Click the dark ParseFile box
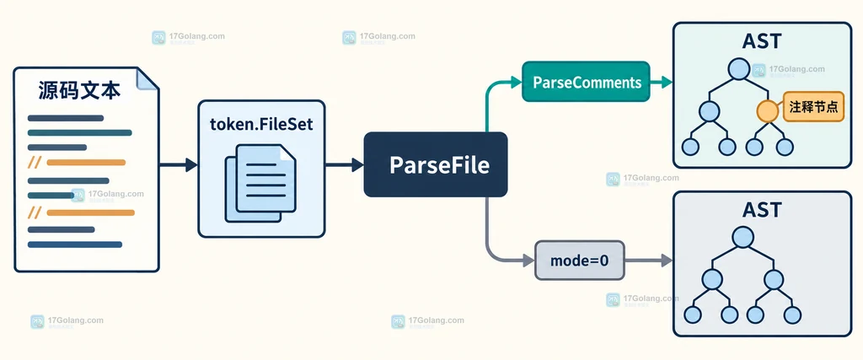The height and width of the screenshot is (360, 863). (x=436, y=164)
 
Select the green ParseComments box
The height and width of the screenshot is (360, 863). (x=587, y=82)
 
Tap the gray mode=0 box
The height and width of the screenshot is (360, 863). (x=580, y=261)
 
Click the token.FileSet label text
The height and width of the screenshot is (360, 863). (x=261, y=124)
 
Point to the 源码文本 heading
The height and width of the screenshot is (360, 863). (x=79, y=90)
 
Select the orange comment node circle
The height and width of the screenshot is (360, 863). (x=767, y=111)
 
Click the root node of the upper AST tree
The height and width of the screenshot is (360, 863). (x=737, y=69)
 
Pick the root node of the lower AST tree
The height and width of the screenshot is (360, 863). (x=742, y=237)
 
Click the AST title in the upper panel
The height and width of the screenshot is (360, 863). (x=762, y=42)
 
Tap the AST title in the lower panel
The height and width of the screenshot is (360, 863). (x=762, y=210)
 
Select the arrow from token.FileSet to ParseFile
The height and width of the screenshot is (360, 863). (x=345, y=164)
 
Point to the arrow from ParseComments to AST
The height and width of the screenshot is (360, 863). (x=662, y=83)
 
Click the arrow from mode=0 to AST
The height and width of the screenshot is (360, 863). (x=649, y=261)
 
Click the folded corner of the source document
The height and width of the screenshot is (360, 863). (x=147, y=78)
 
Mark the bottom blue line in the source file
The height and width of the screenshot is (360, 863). (x=75, y=244)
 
